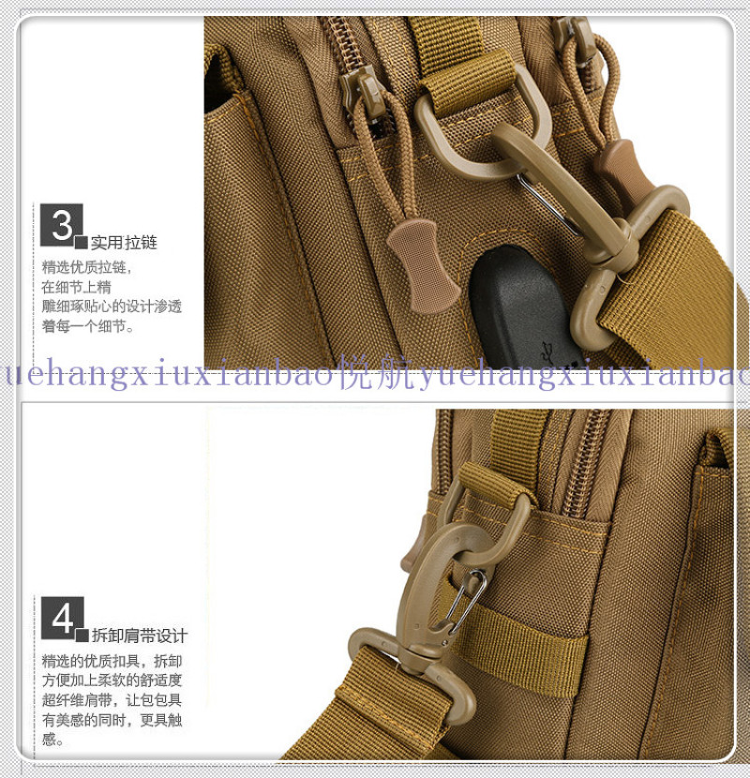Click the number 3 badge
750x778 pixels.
tap(62, 225)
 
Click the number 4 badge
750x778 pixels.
tap(63, 619)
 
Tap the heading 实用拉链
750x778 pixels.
tap(124, 243)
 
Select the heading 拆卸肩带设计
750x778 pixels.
tap(139, 636)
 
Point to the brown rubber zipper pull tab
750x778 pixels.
tap(422, 266)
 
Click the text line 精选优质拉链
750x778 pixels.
tap(87, 267)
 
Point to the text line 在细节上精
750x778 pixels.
tap(77, 287)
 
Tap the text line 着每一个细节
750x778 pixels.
tap(88, 326)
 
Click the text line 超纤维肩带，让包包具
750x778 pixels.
tap(112, 700)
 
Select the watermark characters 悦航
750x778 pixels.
tap(375, 373)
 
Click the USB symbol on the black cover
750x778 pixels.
tap(548, 351)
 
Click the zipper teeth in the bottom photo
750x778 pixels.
tap(587, 462)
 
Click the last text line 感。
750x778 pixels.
tap(52, 740)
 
